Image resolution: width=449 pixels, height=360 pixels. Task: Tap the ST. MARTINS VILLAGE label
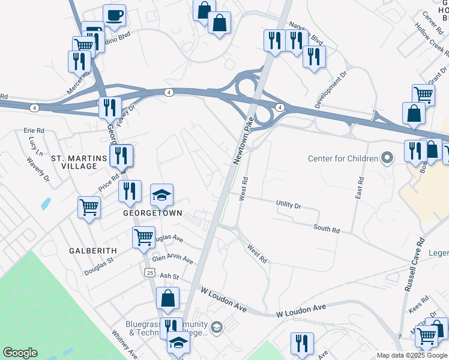pos(74,162)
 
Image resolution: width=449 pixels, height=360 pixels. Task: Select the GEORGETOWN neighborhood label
pos(152,214)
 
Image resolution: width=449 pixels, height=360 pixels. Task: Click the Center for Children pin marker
pos(387,158)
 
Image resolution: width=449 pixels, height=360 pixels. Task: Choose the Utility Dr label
pos(288,205)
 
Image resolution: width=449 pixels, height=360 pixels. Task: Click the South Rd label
pos(327,229)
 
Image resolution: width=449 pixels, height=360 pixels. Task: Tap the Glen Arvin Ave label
pos(172,259)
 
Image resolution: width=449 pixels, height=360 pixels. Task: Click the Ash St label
pos(170,275)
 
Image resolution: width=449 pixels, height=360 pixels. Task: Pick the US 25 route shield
pos(149,272)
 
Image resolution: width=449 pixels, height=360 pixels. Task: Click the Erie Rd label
pos(34,130)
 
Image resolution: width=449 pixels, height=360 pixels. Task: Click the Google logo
pos(20,353)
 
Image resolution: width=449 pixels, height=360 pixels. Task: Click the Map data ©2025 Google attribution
pos(412,355)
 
